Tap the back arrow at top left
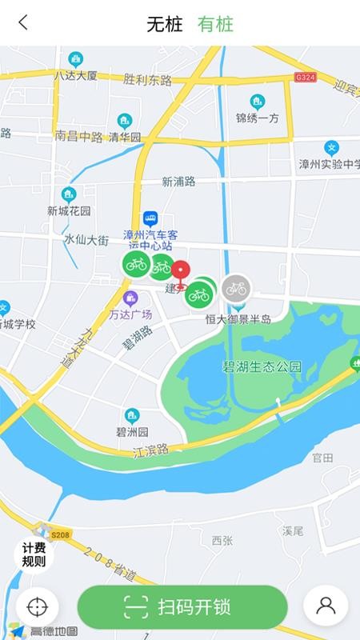22,22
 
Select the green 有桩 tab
215,24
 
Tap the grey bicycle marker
236,288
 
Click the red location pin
181,274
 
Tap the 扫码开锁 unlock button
182,607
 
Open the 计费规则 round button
34,554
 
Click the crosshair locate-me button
37,607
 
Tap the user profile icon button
326,606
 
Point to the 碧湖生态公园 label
262,367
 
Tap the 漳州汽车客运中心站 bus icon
150,218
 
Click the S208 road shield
61,533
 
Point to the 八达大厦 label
75,76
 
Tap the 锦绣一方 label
257,118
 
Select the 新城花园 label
69,211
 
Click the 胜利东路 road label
148,79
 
